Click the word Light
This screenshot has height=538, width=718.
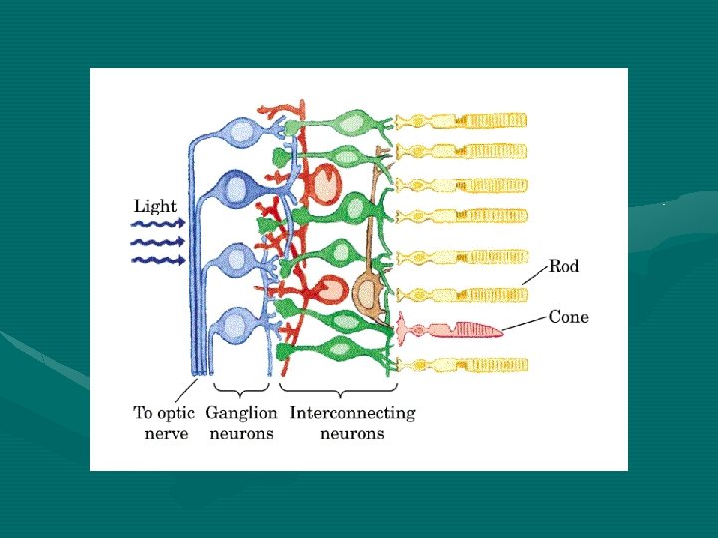click(155, 207)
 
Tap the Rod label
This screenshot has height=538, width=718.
click(564, 266)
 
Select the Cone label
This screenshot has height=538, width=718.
click(569, 317)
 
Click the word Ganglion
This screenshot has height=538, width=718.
click(241, 414)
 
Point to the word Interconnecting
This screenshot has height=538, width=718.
click(353, 413)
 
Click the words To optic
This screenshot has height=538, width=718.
click(164, 413)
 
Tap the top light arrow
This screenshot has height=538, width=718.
click(158, 224)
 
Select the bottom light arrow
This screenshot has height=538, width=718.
click(158, 261)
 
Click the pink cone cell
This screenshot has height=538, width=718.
click(450, 329)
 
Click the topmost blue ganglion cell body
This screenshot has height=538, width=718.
click(242, 133)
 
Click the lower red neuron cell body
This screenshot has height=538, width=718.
click(330, 289)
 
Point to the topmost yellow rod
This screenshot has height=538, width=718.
click(461, 121)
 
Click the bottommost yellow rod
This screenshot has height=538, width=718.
click(462, 365)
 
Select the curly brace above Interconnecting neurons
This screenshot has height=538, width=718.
click(339, 390)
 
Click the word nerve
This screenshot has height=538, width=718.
click(166, 434)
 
